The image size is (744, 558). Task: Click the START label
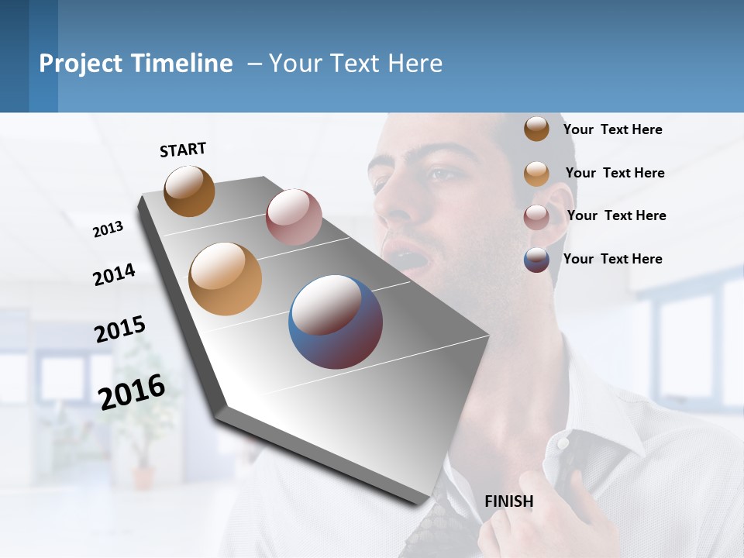[183, 150]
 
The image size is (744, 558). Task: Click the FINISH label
[508, 501]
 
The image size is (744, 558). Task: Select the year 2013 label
[108, 229]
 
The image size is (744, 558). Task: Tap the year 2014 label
[114, 274]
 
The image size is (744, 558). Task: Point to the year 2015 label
[120, 329]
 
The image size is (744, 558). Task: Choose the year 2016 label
[132, 391]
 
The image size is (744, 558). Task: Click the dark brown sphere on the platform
[189, 191]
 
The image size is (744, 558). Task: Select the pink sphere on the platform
[294, 217]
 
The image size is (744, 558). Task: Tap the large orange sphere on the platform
[226, 278]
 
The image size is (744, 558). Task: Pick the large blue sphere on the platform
[336, 322]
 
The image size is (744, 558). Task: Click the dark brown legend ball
[536, 129]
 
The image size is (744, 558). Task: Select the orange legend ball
[536, 173]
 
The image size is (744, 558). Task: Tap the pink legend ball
[536, 216]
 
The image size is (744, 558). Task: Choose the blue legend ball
[536, 260]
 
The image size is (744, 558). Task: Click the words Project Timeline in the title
[136, 64]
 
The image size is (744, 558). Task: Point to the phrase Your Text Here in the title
[356, 64]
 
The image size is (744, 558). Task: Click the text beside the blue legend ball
[612, 259]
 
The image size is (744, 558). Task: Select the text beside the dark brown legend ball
[612, 129]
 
